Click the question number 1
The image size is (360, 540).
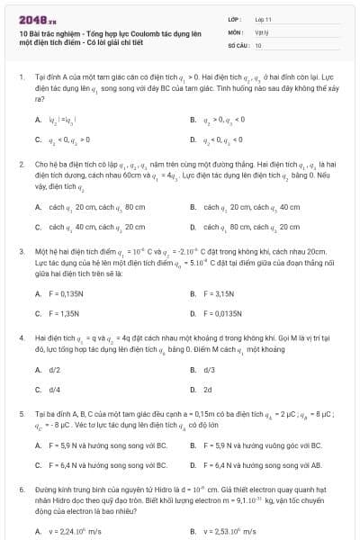[21, 78]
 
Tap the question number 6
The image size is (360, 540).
[21, 481]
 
